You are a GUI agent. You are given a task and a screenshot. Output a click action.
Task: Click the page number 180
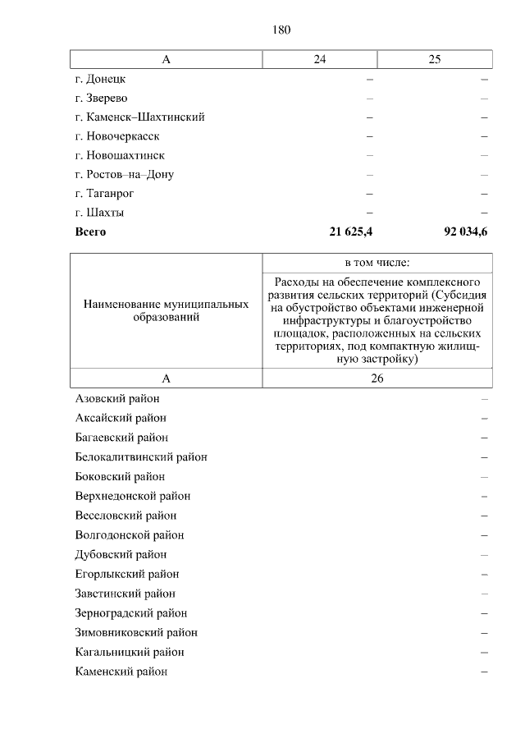(x=281, y=30)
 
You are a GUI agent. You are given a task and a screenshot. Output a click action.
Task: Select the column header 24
(x=319, y=59)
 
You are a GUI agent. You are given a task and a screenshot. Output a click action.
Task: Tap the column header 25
(x=435, y=59)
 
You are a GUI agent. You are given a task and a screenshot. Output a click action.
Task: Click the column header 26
(x=377, y=378)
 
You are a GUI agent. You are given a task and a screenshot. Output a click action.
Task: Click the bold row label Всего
(x=90, y=232)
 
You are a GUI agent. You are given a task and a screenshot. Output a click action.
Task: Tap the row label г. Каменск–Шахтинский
(x=139, y=117)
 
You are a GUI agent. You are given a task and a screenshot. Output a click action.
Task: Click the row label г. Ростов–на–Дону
(x=124, y=174)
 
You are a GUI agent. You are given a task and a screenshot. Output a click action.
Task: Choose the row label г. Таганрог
(x=104, y=193)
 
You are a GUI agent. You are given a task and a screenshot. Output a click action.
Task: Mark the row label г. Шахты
(x=99, y=213)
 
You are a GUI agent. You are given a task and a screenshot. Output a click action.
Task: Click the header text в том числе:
(x=377, y=263)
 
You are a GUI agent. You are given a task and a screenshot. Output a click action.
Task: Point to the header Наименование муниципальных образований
(x=166, y=310)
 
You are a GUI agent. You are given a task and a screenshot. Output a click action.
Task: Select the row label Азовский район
(x=117, y=398)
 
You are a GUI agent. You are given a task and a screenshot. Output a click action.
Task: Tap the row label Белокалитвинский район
(x=140, y=456)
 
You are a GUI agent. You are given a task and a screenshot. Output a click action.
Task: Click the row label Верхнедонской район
(x=132, y=496)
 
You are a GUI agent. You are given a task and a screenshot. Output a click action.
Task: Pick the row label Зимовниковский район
(x=135, y=632)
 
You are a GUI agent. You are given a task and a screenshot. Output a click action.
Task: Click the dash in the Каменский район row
(x=485, y=672)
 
